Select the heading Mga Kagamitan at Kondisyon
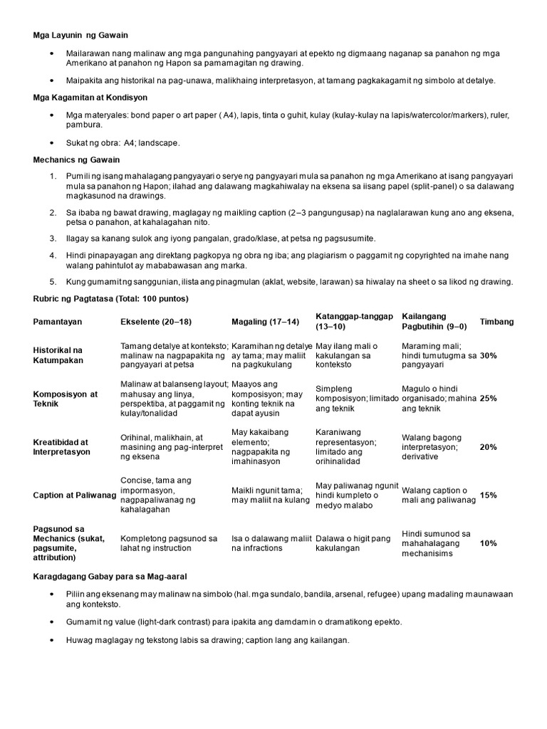pyautogui.click(x=90, y=96)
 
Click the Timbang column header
pyautogui.click(x=496, y=322)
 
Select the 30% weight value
pyautogui.click(x=489, y=355)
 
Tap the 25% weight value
pyautogui.click(x=489, y=399)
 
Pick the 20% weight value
pyautogui.click(x=489, y=447)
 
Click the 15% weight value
pyautogui.click(x=489, y=495)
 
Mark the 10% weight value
pyautogui.click(x=489, y=543)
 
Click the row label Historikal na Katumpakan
pyautogui.click(x=58, y=355)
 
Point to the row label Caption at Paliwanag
pyautogui.click(x=74, y=495)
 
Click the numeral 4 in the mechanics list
pyautogui.click(x=52, y=254)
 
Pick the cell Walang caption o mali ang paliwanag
pyautogui.click(x=438, y=495)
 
